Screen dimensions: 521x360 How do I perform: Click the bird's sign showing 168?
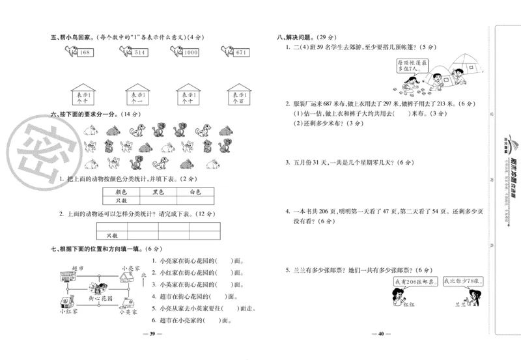click(85, 53)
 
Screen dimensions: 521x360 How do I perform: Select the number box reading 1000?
click(190, 53)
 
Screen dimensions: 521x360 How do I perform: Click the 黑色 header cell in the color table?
click(158, 192)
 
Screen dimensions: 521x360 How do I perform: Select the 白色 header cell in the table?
click(195, 192)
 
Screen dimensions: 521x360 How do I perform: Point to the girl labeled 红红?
click(395, 296)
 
